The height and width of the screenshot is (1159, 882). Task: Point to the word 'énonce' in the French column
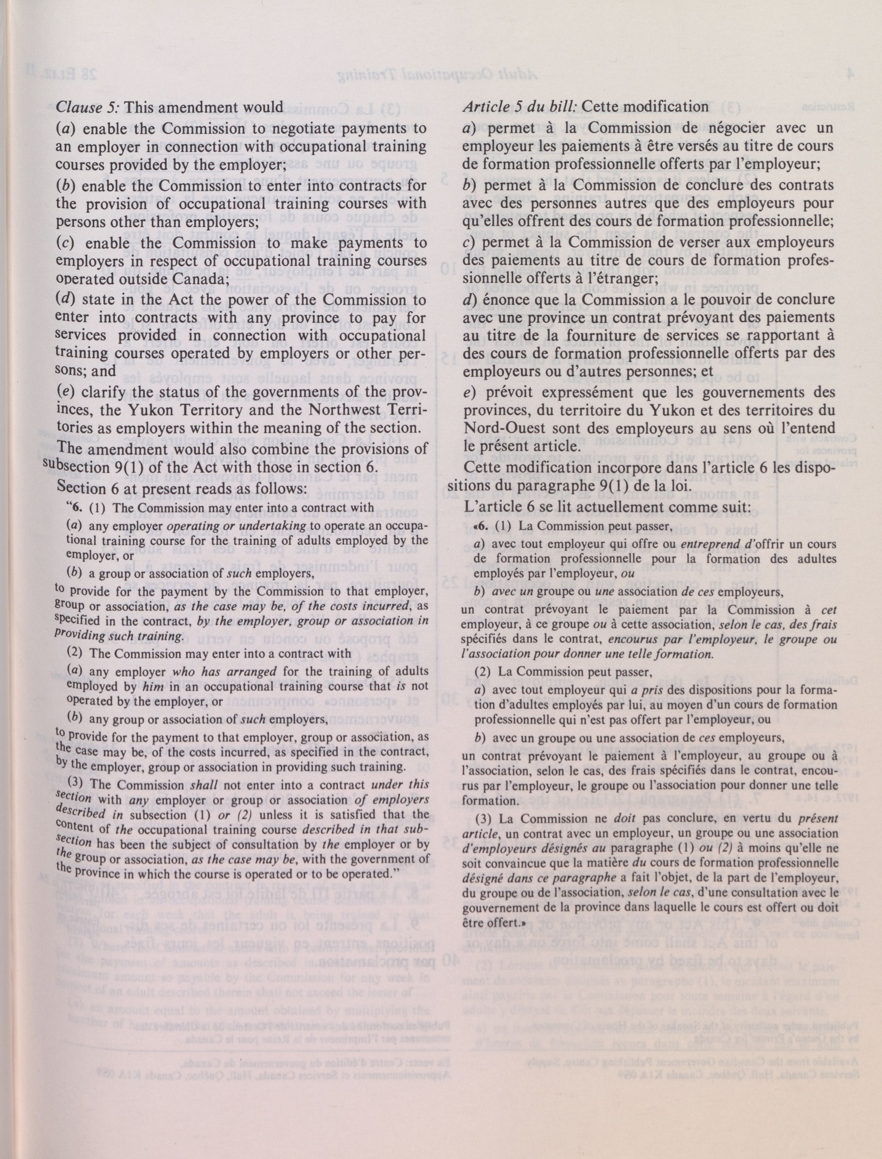(500, 299)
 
